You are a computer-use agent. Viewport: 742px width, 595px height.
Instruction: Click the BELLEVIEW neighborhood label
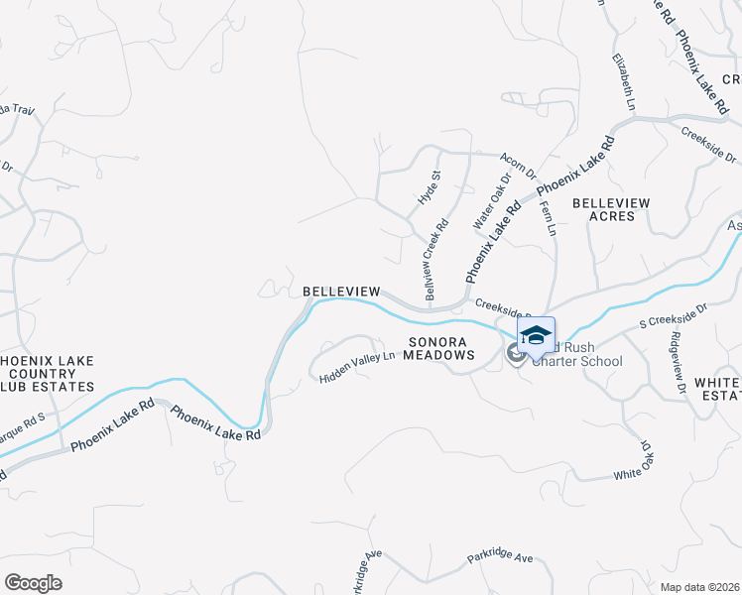tap(341, 291)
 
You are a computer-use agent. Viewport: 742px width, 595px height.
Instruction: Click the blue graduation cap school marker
tap(536, 335)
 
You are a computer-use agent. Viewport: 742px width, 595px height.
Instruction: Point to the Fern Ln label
tap(548, 218)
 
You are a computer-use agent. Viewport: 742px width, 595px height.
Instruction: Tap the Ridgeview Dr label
tap(679, 363)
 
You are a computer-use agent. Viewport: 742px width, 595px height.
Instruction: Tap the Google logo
tap(33, 582)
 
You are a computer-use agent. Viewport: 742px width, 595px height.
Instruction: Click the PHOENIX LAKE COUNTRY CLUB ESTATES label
tap(47, 373)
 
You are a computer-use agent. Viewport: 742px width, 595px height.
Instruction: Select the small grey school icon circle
tap(515, 353)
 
